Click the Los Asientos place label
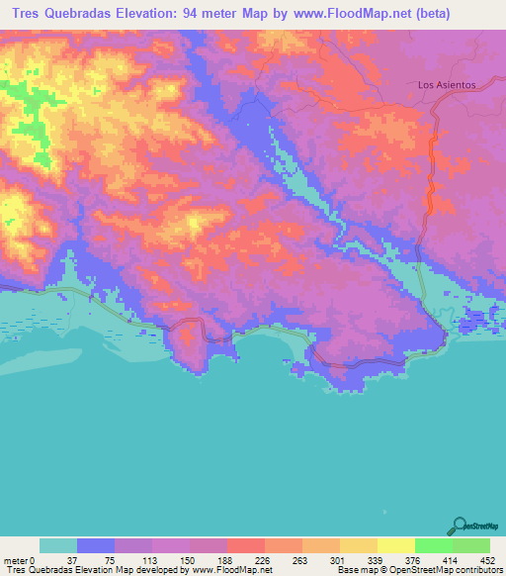447,85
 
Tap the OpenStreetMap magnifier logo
460,527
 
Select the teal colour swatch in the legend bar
58,545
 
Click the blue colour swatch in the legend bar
96,545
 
